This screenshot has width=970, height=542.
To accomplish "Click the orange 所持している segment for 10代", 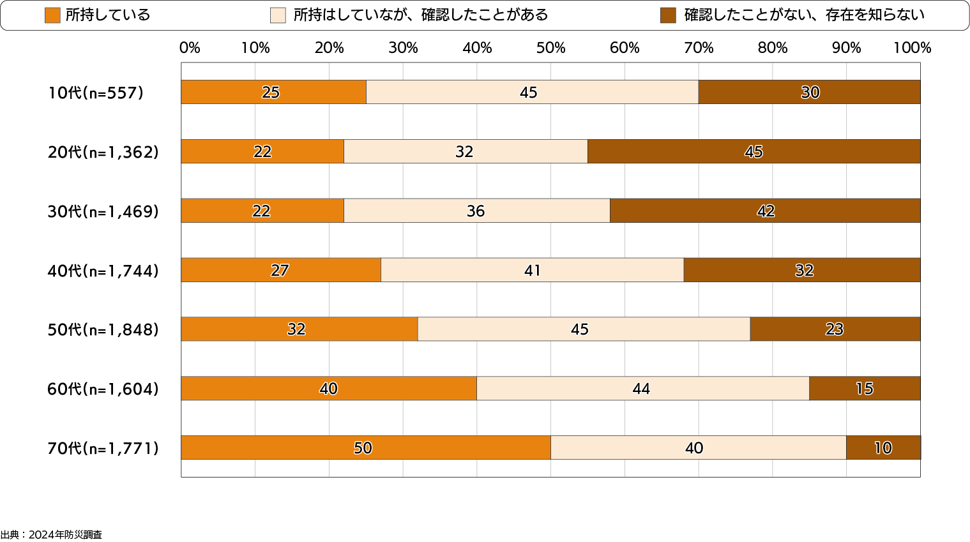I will (x=273, y=92).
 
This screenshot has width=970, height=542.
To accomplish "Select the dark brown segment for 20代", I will (x=754, y=151).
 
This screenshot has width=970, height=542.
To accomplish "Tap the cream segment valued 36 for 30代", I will (x=476, y=211).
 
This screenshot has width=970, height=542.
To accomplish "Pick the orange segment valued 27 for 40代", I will (x=280, y=270).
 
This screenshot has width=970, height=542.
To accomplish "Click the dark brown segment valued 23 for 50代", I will (x=835, y=329).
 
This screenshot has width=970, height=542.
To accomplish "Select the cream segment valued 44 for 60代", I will (x=642, y=388).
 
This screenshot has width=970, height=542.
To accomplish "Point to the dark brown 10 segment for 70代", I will (x=883, y=448).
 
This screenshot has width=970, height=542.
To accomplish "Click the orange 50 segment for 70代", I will (x=365, y=448).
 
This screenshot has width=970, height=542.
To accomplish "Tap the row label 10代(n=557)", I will (x=96, y=93).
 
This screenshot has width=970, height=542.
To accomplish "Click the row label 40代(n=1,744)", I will (x=103, y=271).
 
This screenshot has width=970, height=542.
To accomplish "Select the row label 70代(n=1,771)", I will (x=103, y=448).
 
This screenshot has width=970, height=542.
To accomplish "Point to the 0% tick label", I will (x=190, y=48).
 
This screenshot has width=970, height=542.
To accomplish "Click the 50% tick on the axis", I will (x=550, y=48).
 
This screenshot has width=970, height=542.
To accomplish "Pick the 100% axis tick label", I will (x=912, y=48).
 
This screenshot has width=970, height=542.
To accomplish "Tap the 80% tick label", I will (x=772, y=48).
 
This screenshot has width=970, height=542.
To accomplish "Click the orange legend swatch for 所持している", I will (x=52, y=15).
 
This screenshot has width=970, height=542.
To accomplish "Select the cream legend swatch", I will (x=278, y=15).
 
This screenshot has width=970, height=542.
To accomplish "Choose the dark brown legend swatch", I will (x=668, y=15).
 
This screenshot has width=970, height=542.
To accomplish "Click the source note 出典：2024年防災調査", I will (x=51, y=535).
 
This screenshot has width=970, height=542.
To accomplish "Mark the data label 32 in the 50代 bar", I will (x=296, y=329).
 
